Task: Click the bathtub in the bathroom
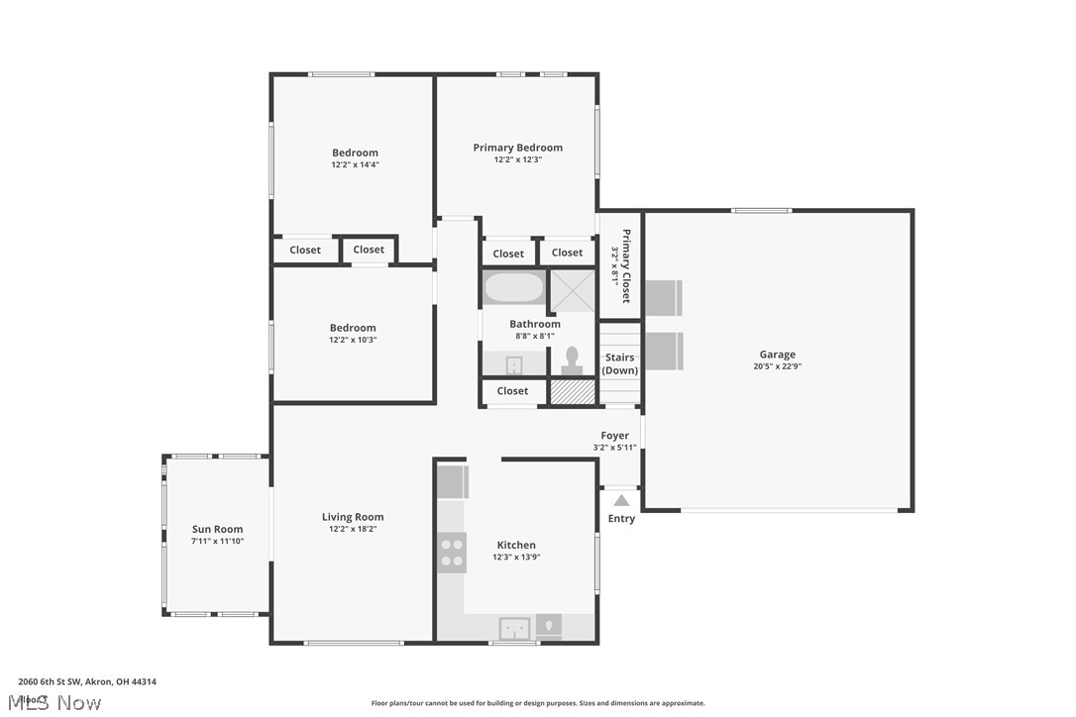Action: pos(513,288)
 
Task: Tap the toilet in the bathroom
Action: pos(572,360)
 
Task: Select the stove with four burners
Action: pos(452,553)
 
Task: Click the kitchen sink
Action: pos(514,628)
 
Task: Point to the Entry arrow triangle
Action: pos(621,500)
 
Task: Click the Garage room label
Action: pos(777,355)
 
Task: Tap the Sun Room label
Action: pos(217,529)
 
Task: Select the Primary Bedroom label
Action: pos(517,148)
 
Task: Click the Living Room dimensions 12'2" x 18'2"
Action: pos(353,529)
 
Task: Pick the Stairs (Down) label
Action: pos(620,363)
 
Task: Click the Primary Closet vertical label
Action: pos(621,265)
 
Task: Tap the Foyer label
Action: pos(614,436)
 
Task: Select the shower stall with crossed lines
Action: pos(573,290)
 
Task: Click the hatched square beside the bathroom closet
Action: pos(572,391)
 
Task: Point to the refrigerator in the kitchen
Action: pos(452,481)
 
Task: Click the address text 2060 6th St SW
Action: pos(87,681)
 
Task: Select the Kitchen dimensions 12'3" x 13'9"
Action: pos(516,557)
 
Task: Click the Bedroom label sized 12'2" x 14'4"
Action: pos(355,153)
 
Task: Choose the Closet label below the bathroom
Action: pos(512,391)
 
